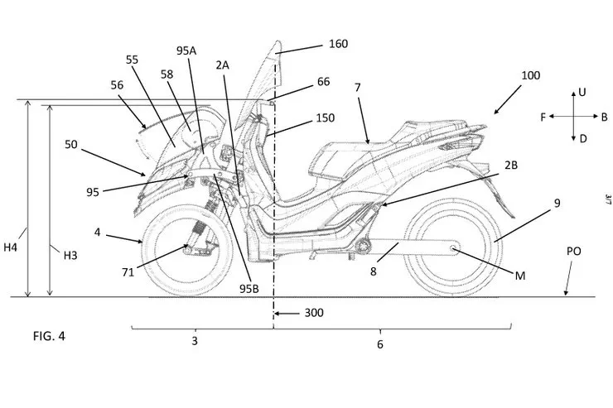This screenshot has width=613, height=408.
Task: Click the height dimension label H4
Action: tap(12, 246)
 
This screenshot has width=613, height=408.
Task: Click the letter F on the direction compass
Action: tap(543, 118)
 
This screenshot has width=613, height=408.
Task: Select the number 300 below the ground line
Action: tap(313, 313)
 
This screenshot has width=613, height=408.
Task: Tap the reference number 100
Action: tap(530, 75)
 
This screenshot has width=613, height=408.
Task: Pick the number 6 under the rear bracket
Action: tap(380, 343)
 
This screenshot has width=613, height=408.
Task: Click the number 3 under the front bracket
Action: tap(195, 341)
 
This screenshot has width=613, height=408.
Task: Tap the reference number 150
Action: tap(326, 118)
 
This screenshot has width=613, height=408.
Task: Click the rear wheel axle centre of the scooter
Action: tap(453, 247)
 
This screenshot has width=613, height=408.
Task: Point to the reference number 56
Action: tap(116, 85)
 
